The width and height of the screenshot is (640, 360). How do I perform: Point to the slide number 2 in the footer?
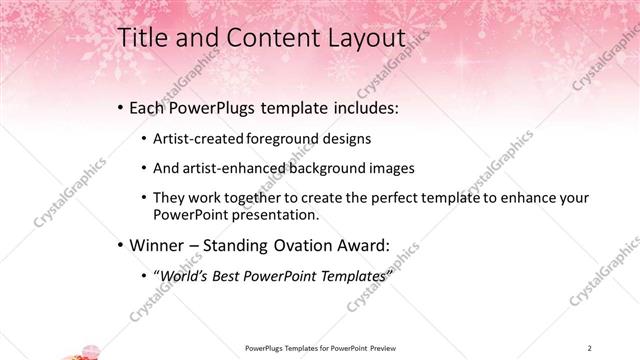(x=590, y=347)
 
